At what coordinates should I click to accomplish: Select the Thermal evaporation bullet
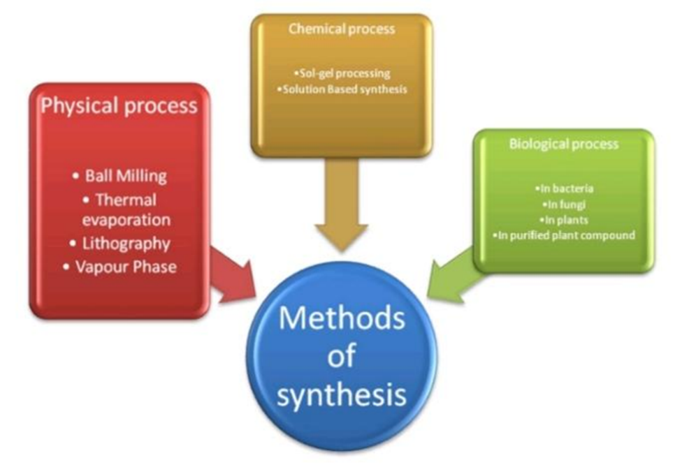coord(123,209)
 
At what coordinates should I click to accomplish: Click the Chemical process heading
coord(342,29)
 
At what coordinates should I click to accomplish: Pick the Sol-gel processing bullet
coord(342,73)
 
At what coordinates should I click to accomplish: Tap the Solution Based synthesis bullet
coord(342,89)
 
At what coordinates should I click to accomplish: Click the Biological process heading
coord(564,144)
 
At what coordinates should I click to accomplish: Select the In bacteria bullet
coord(565,188)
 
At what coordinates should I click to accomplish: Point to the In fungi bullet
coord(565,204)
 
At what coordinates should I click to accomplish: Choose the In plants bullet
coord(565,219)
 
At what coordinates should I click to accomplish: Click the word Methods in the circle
coord(342,319)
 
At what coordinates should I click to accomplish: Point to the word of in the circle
coord(342,357)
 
